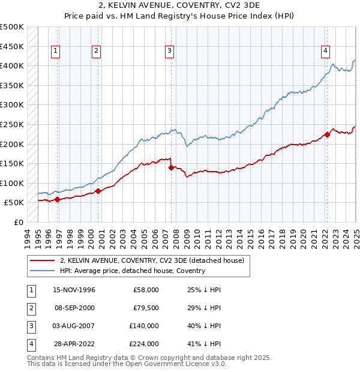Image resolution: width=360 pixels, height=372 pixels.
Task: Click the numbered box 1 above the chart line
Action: tap(55, 52)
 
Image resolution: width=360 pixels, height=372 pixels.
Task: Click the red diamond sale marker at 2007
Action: tap(172, 168)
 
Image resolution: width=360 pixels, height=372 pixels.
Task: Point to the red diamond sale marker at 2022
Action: tap(327, 134)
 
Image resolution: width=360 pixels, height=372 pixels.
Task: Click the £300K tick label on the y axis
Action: tap(12, 105)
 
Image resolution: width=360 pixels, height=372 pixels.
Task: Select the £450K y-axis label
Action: tap(12, 46)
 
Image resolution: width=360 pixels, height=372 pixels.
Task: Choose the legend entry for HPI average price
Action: tap(133, 271)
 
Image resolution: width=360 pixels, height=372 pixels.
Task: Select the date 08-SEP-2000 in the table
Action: tap(74, 308)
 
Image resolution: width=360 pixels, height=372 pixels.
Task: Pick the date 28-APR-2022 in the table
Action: tap(74, 344)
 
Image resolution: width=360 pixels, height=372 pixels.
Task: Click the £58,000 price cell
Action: tap(146, 290)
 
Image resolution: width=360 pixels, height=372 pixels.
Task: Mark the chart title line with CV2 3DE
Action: tap(180, 6)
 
